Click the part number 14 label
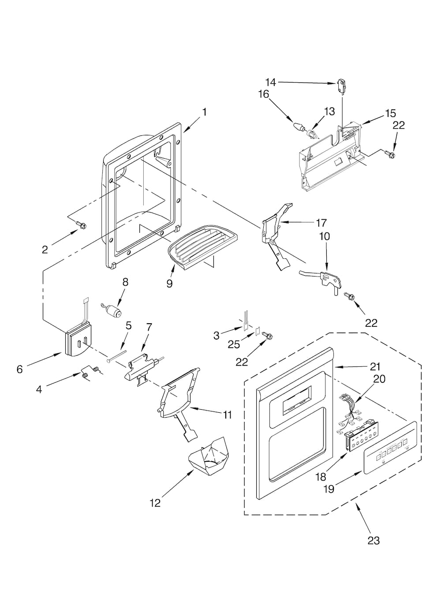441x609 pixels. point(270,82)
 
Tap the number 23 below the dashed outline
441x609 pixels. point(373,541)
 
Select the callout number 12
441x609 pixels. point(155,503)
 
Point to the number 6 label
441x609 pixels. point(19,370)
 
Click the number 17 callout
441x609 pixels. point(321,223)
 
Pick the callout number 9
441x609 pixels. point(169,283)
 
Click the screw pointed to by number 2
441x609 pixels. point(81,225)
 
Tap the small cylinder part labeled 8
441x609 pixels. point(116,312)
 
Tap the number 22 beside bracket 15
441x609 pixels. point(399,125)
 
